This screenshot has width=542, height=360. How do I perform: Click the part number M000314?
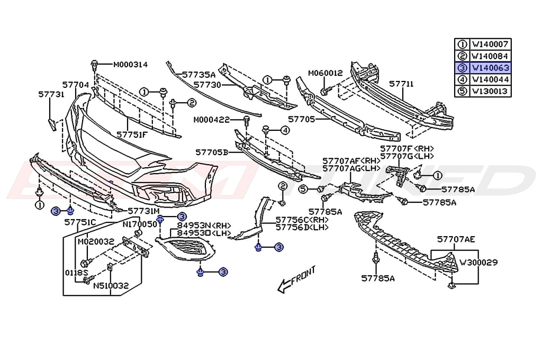click(x=130, y=65)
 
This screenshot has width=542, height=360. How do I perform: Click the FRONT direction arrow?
click(x=296, y=278)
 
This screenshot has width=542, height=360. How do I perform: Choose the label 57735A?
click(x=198, y=75)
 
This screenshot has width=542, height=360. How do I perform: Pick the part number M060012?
click(x=326, y=73)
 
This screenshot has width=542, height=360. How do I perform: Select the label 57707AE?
click(x=456, y=239)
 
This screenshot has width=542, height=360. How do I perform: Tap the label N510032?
click(x=111, y=285)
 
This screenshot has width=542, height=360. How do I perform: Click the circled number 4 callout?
click(x=285, y=130)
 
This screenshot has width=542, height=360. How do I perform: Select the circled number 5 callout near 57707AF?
click(x=304, y=188)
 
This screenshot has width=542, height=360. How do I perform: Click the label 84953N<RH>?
click(x=195, y=225)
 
